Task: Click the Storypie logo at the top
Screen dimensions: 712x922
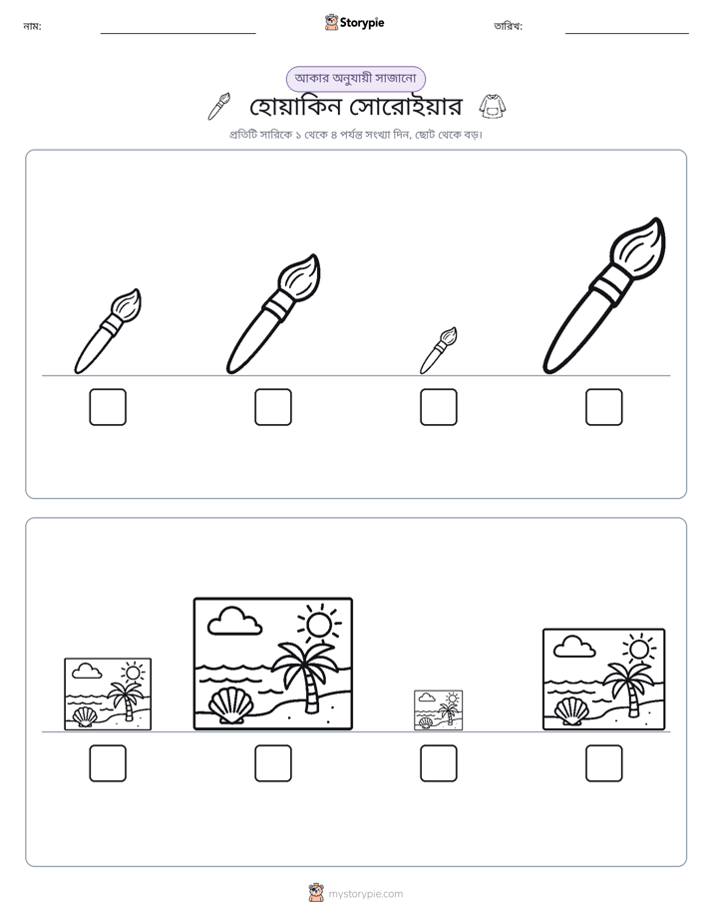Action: click(x=354, y=22)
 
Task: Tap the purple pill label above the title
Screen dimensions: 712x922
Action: click(x=355, y=79)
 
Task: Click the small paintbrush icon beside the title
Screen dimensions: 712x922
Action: click(x=219, y=106)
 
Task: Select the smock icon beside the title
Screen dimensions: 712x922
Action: click(x=493, y=107)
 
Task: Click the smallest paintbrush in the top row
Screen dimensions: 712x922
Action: click(x=439, y=350)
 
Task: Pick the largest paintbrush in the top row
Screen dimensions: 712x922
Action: click(x=604, y=295)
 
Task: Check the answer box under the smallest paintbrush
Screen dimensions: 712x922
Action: click(x=438, y=407)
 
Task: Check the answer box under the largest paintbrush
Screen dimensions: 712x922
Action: click(x=604, y=407)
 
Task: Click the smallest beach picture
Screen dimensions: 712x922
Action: click(x=438, y=710)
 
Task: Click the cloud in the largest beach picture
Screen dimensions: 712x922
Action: click(x=235, y=622)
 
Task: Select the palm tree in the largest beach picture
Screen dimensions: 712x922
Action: click(x=306, y=671)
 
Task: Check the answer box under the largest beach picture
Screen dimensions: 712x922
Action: click(x=273, y=763)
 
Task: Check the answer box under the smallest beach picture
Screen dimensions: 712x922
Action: click(x=438, y=763)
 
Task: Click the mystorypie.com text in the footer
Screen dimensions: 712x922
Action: click(x=365, y=894)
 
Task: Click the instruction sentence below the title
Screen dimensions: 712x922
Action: click(x=355, y=135)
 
